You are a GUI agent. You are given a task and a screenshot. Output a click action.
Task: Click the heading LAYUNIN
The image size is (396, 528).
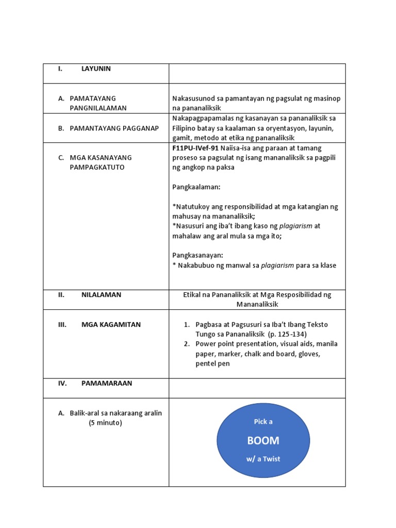tap(96, 69)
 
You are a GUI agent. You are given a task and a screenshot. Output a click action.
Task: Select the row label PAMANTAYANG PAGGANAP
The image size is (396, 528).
tap(114, 128)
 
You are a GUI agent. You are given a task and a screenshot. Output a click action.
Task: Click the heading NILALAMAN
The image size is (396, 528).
tap(101, 295)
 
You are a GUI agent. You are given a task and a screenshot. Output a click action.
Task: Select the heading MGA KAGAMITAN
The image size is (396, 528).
tap(111, 325)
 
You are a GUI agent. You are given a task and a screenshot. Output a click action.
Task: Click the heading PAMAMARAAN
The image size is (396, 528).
tap(107, 383)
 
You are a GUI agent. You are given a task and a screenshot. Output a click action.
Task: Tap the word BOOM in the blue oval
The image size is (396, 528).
tap(263, 440)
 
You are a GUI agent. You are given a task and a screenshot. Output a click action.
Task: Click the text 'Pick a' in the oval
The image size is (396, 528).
tap(263, 422)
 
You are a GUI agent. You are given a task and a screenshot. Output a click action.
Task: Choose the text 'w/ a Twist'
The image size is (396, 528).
tap(263, 459)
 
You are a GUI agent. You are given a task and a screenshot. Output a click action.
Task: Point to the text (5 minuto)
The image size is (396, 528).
tap(105, 423)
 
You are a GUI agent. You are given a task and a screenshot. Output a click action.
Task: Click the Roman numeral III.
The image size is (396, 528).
tap(62, 325)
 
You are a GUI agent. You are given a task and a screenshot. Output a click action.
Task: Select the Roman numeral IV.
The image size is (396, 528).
tap(62, 383)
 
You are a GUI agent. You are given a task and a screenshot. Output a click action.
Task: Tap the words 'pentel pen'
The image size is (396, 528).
tap(213, 364)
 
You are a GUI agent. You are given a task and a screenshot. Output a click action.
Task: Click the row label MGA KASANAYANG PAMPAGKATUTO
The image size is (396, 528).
tap(101, 162)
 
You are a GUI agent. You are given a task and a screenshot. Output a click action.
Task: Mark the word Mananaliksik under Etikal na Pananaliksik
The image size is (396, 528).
tap(257, 304)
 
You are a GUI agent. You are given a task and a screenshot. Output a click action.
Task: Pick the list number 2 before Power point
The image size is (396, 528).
tap(187, 344)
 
